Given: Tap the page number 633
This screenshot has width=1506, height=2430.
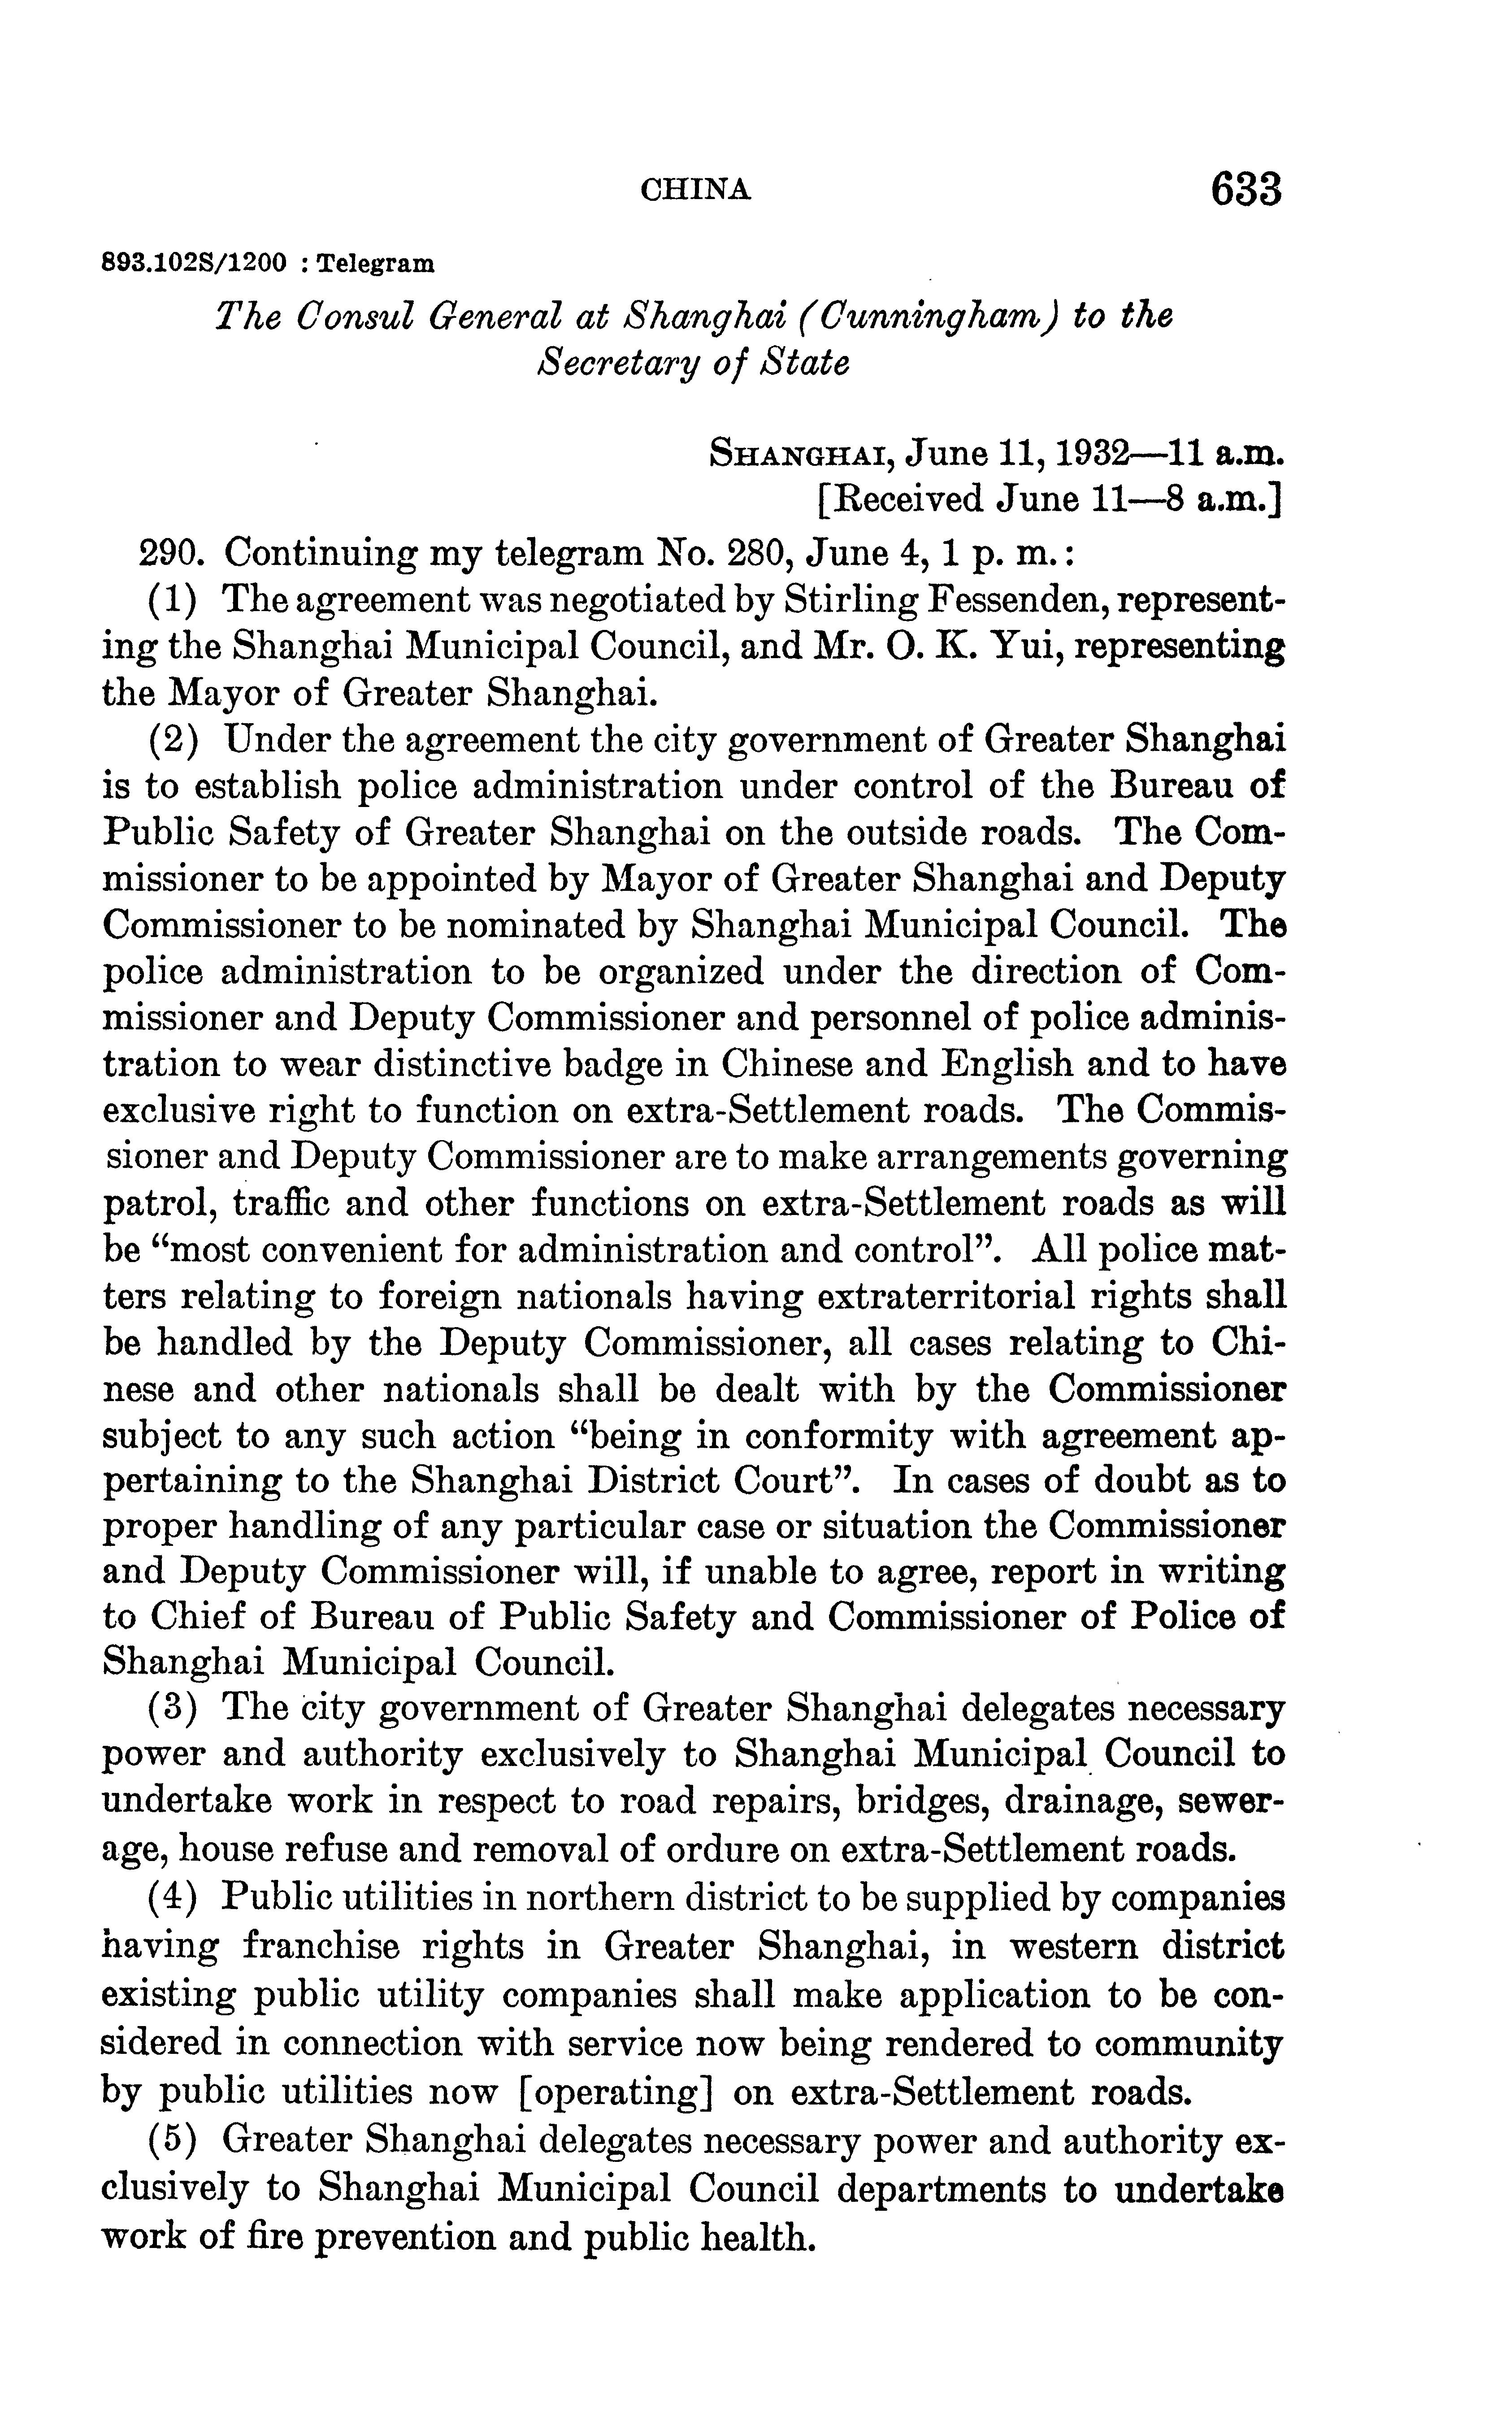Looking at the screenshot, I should pyautogui.click(x=1245, y=189).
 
